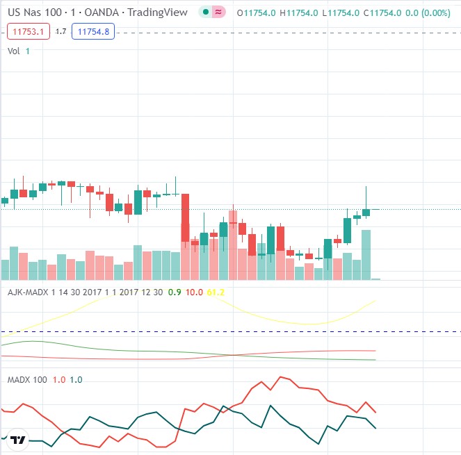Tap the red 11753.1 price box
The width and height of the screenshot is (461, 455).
pos(28,31)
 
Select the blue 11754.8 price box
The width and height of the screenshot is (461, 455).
pos(93,31)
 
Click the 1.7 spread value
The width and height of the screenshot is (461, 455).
pos(60,31)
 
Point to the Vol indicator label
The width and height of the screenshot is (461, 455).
pos(14,51)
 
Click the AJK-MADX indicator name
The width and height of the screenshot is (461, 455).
pos(28,292)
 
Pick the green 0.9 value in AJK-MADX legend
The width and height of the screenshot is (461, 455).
pos(175,292)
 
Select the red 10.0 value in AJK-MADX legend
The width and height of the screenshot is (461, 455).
pos(194,292)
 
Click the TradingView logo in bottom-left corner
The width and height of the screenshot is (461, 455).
pos(18,440)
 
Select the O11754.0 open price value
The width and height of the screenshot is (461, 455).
pos(257,13)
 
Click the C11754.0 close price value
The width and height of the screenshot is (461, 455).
pos(382,13)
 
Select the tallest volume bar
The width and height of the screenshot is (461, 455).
pos(366,254)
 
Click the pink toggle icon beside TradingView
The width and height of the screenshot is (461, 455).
pos(218,13)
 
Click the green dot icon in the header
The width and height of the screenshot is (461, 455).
pos(205,13)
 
